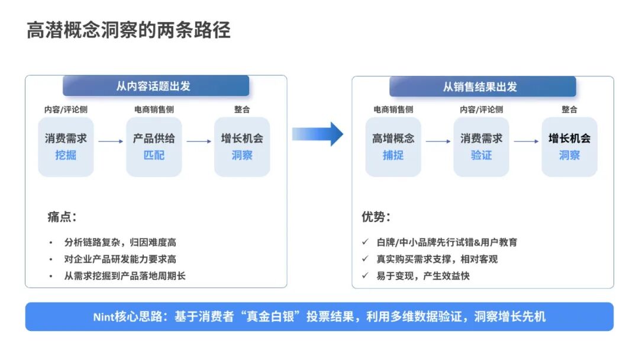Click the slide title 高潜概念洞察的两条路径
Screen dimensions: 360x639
128,30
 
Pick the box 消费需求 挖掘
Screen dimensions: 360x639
66,146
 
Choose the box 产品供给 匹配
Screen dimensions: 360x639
154,146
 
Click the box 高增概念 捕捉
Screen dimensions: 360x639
393,146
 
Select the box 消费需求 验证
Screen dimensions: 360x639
481,146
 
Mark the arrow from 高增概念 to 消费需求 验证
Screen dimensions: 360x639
437,141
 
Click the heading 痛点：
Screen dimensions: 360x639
62,217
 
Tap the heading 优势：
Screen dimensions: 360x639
376,217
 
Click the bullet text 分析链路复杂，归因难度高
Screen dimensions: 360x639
120,242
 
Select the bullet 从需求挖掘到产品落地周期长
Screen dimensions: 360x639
125,275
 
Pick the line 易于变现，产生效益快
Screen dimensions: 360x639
423,275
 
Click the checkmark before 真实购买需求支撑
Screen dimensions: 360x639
366,259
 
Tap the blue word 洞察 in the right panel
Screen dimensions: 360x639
569,155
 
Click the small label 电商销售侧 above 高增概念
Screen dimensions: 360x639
393,110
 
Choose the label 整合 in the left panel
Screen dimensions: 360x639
242,110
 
